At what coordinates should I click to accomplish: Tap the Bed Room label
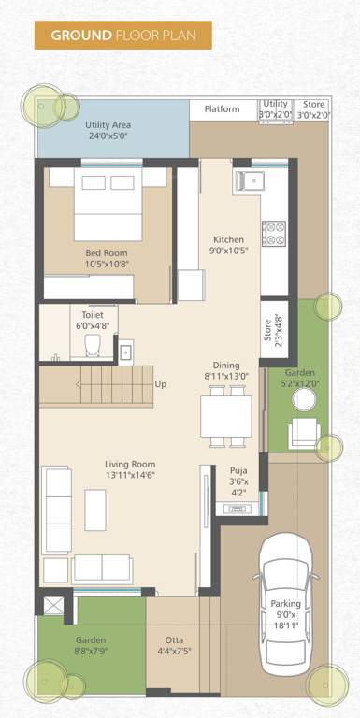pos(107,252)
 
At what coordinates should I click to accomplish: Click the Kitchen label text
pos(228,239)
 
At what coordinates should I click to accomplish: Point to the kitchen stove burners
pos(274,233)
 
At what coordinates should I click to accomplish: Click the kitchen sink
pos(254,179)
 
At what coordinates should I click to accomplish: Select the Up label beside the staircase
pos(161,384)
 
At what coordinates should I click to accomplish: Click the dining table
pos(226,409)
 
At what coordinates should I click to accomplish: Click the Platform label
pos(223,109)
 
